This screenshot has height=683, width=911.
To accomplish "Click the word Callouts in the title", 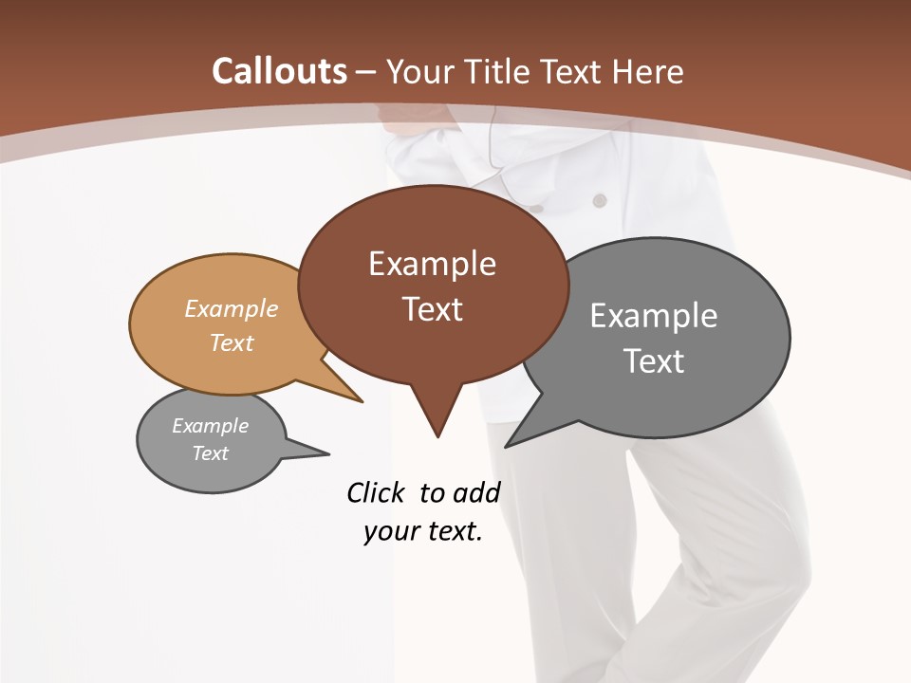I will click(x=280, y=71).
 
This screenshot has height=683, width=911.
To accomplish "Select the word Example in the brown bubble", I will click(x=432, y=264).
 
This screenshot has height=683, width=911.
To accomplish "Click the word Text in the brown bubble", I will click(x=432, y=309).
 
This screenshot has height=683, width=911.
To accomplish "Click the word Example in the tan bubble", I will click(x=232, y=308).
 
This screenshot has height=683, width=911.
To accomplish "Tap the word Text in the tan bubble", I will click(x=232, y=342).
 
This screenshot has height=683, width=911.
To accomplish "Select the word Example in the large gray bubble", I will click(x=654, y=316).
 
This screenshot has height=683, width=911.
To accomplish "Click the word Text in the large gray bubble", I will click(x=654, y=361).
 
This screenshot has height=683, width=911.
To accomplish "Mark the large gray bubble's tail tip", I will click(x=508, y=445).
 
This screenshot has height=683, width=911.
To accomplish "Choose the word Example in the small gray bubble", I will click(x=210, y=426).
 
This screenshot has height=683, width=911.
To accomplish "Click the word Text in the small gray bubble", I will click(x=210, y=453).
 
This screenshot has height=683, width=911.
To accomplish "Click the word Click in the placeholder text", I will click(x=378, y=492).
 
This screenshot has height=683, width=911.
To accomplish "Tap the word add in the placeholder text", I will click(x=475, y=492).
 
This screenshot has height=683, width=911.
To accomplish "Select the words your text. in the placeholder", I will click(x=423, y=531).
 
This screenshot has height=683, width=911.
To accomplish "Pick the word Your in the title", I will click(x=422, y=72).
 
